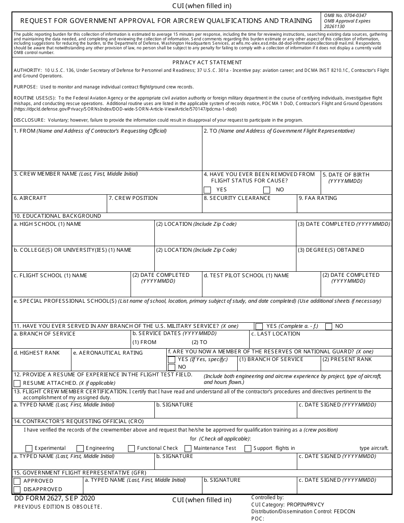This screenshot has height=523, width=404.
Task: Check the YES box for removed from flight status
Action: tap(208, 190)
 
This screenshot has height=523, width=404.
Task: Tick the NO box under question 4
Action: tap(267, 190)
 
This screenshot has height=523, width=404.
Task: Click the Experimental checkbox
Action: tap(29, 449)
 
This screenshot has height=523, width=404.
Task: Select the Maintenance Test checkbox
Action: tap(188, 449)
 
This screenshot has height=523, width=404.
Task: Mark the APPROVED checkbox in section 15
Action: tap(17, 481)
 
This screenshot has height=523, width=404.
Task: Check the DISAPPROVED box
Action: tap(17, 489)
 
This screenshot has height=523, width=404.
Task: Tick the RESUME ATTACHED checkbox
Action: tap(17, 384)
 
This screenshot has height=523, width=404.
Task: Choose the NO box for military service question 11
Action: tap(329, 327)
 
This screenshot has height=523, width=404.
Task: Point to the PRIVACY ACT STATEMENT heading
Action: tap(207, 63)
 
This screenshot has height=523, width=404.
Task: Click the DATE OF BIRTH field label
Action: tap(346, 175)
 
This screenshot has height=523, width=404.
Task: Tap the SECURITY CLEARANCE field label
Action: tap(237, 198)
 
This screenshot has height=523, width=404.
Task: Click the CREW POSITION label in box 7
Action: tap(133, 198)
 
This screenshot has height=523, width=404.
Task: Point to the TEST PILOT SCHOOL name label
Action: tap(246, 276)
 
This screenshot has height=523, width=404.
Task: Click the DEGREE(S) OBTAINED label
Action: tap(330, 250)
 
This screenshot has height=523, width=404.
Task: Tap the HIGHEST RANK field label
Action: tap(37, 353)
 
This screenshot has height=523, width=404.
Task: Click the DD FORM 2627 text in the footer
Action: tap(54, 498)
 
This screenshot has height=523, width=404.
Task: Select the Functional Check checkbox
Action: tap(131, 449)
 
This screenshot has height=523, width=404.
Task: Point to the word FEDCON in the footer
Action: tap(345, 512)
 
